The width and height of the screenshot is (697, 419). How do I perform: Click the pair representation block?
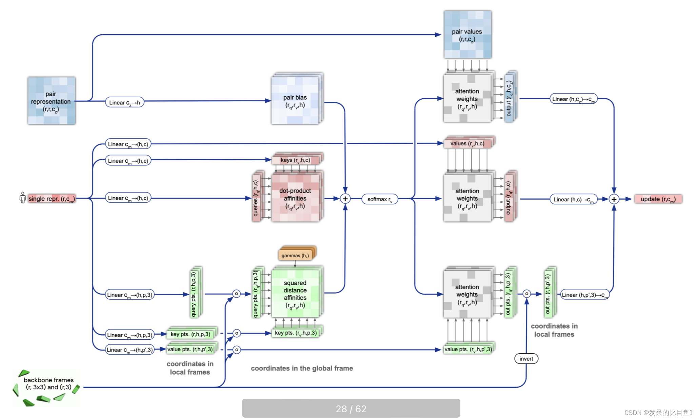pyautogui.click(x=52, y=101)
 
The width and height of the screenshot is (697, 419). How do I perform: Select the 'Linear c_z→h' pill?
pyautogui.click(x=124, y=102)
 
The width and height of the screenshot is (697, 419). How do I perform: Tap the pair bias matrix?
pyautogui.click(x=295, y=101)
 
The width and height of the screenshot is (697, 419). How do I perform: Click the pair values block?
pyautogui.click(x=467, y=35)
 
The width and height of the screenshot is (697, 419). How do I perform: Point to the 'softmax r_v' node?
pyautogui.click(x=379, y=199)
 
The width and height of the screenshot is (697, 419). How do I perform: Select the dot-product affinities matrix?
pyautogui.click(x=295, y=198)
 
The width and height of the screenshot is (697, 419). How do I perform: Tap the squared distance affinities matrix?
pyautogui.click(x=295, y=294)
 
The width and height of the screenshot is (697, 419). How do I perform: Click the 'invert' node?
pyautogui.click(x=526, y=359)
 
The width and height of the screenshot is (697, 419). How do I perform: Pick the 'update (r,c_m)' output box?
pyautogui.click(x=658, y=199)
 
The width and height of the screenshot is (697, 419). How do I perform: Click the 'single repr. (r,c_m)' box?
pyautogui.click(x=51, y=199)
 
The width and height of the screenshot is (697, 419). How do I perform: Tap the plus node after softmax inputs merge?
pyautogui.click(x=345, y=199)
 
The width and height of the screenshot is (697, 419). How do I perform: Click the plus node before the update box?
pyautogui.click(x=614, y=199)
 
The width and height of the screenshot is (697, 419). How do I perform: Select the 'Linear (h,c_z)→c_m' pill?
pyautogui.click(x=573, y=99)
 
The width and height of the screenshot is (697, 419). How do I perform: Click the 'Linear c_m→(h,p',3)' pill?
pyautogui.click(x=130, y=350)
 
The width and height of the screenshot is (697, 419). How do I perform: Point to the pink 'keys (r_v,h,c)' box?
pyautogui.click(x=295, y=160)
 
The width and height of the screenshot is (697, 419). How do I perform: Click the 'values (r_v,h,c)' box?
pyautogui.click(x=467, y=143)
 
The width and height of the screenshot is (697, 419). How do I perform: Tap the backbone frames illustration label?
pyautogui.click(x=48, y=383)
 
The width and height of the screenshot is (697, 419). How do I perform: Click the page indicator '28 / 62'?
pyautogui.click(x=351, y=408)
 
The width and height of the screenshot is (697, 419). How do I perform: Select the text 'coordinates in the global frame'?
pyautogui.click(x=302, y=368)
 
